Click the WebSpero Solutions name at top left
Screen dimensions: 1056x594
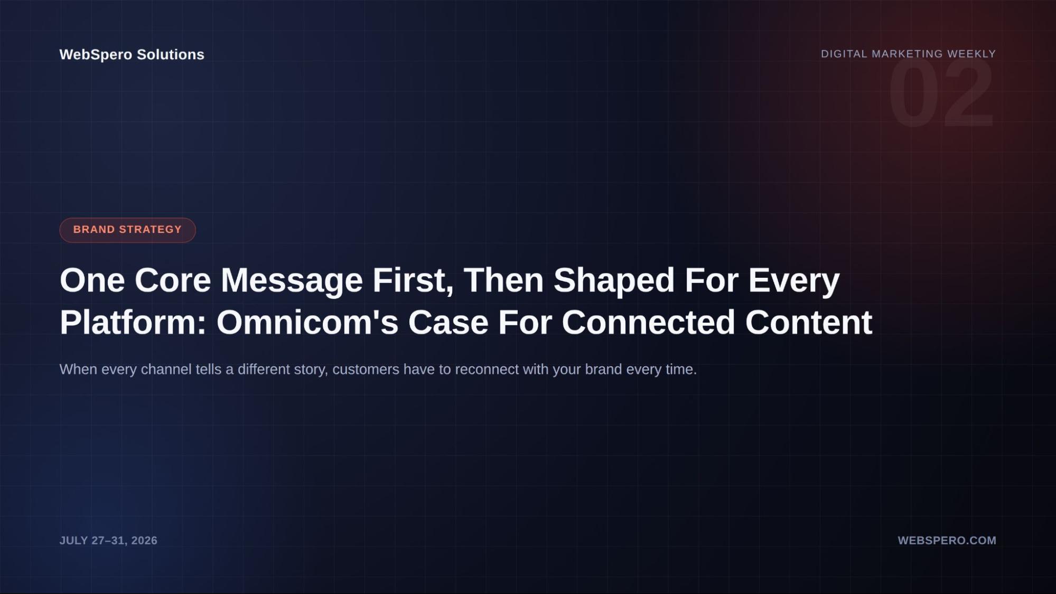pos(132,54)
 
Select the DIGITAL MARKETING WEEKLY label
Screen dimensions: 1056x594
pos(908,54)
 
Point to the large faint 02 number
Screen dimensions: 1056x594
pos(941,93)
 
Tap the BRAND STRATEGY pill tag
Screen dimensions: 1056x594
pos(127,230)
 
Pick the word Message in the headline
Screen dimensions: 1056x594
pos(292,280)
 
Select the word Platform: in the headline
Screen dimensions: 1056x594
pos(133,322)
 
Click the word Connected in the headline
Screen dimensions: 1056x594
pos(648,322)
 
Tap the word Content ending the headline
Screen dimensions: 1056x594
pos(808,322)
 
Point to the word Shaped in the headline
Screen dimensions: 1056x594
pos(614,280)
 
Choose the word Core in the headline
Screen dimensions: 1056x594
pos(172,280)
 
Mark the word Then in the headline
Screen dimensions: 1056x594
pos(503,280)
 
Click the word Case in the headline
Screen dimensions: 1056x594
pos(448,322)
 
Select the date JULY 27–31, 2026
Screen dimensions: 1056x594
pos(108,540)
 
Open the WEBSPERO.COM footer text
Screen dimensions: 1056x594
pos(947,540)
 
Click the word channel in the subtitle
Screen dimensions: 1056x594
pos(166,369)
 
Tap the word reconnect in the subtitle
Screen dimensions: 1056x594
pos(487,370)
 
